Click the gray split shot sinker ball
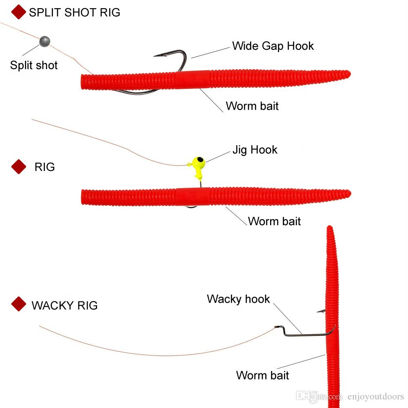coord(44,41)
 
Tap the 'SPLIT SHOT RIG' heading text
coord(74,13)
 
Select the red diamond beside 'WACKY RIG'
coord(19,304)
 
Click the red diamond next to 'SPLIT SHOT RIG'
coord(19,12)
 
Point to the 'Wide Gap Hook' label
coord(273,47)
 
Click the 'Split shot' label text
coord(34,65)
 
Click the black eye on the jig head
coord(200,159)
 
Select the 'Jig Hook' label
coord(255,150)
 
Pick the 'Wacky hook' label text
coord(238,299)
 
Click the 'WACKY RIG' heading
coord(64,306)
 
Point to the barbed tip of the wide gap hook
coord(154,56)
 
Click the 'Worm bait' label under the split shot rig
coord(252,106)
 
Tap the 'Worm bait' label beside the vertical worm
coord(262,375)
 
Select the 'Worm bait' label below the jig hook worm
coord(274,222)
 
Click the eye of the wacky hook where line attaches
coord(277,327)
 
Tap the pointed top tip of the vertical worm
coord(330,226)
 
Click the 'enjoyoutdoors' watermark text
coord(375,396)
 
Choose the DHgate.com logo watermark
coord(319,396)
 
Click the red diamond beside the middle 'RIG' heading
coord(19,166)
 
